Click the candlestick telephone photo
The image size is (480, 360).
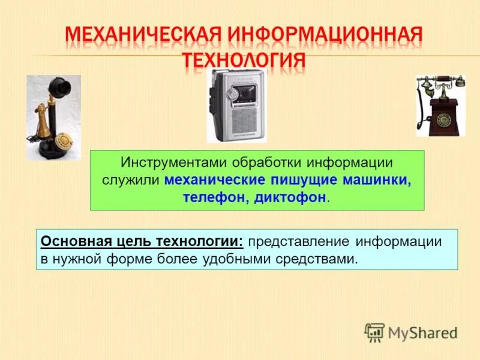click(x=53, y=117)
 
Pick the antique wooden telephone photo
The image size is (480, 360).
click(x=440, y=106)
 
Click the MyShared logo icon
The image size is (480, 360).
click(x=374, y=332)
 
